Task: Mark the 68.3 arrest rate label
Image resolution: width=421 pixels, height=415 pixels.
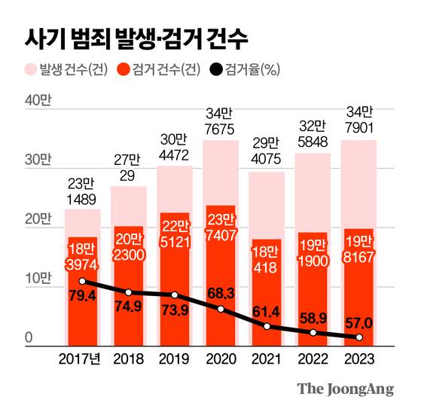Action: click(221, 291)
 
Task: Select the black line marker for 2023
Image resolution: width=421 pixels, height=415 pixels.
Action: click(358, 338)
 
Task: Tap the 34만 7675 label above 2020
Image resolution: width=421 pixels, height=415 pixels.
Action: click(221, 122)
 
